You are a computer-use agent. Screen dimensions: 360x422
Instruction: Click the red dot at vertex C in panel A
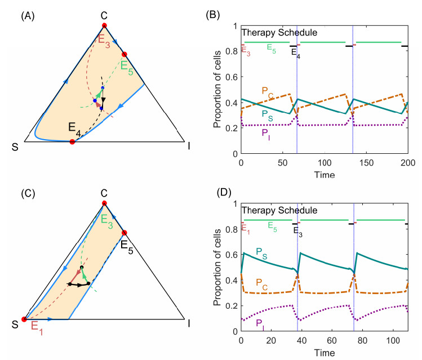[x=104, y=25]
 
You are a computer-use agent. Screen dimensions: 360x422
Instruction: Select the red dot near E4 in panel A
[x=72, y=142]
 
